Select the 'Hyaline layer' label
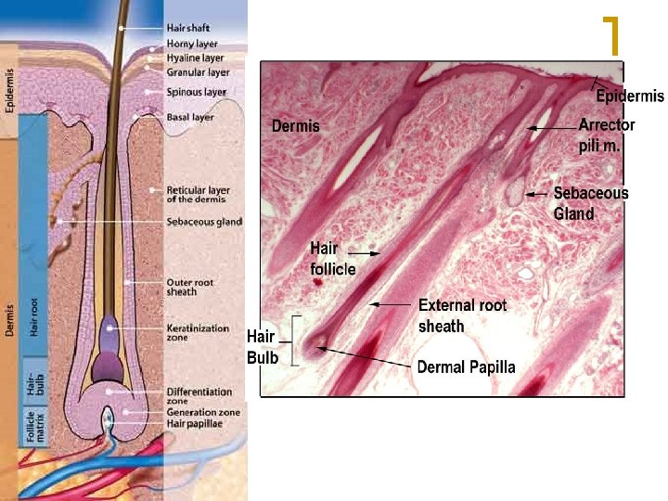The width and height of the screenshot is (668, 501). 195,58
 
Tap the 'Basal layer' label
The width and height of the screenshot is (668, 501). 189,118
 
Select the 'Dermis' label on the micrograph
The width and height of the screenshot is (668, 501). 295,126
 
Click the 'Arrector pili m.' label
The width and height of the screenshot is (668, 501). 606,135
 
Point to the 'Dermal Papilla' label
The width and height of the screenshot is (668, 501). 466,367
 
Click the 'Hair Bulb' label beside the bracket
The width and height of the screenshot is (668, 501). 263,346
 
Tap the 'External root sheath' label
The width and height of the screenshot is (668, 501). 462,315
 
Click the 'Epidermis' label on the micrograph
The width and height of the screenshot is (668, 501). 630,96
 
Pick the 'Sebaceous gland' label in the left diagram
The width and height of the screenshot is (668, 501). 204,222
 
